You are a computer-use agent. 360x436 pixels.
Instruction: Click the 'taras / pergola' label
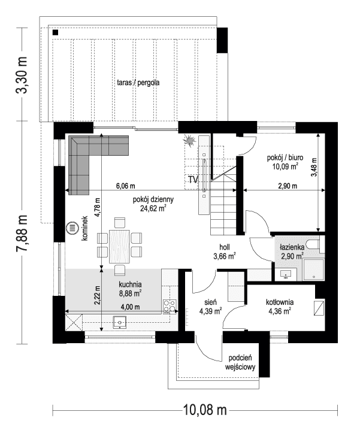[138, 83]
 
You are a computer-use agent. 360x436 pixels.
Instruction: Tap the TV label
[193, 179]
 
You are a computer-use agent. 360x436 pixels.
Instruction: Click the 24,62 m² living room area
[153, 209]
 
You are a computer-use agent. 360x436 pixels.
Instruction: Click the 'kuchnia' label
[130, 285]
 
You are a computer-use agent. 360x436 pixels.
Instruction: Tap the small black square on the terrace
[55, 32]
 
